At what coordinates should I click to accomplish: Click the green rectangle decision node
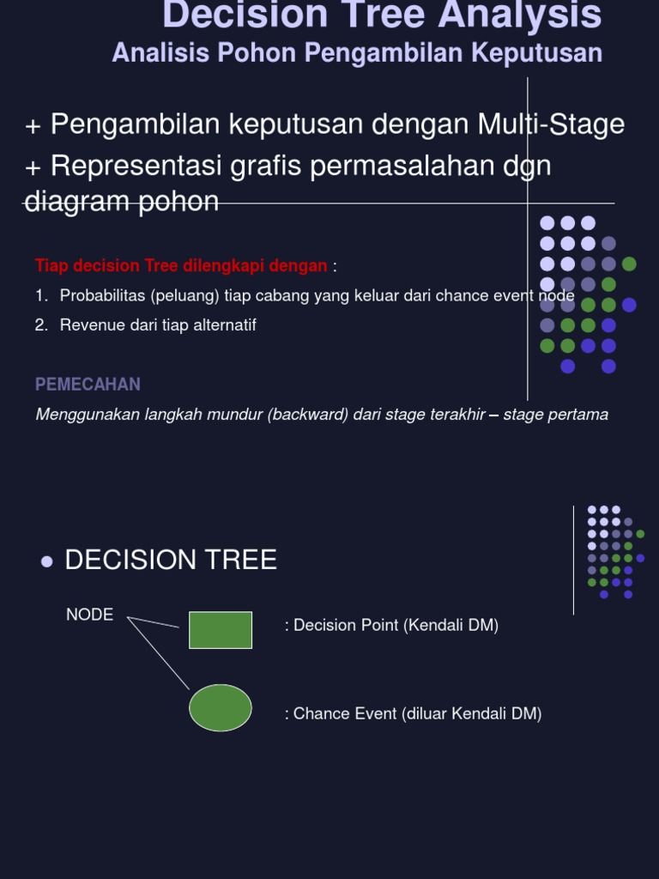(x=221, y=630)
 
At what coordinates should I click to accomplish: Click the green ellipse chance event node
(x=221, y=708)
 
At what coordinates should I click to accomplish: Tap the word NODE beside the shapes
(x=89, y=615)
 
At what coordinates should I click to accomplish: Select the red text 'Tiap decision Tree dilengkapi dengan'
(x=181, y=266)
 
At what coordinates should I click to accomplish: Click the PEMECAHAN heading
(x=88, y=385)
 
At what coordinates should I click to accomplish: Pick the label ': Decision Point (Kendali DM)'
(x=391, y=626)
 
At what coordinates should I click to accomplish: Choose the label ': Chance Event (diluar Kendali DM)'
(x=413, y=714)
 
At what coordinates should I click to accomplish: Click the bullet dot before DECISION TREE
(x=47, y=561)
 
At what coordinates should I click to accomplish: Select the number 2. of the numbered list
(x=41, y=325)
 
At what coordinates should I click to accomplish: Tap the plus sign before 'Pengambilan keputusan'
(x=33, y=127)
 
